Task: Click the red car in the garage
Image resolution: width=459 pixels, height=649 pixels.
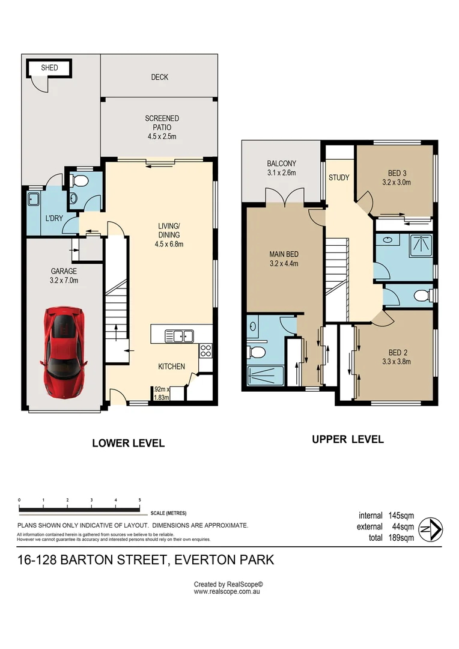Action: pyautogui.click(x=64, y=353)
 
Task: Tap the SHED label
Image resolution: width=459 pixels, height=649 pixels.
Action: pyautogui.click(x=49, y=68)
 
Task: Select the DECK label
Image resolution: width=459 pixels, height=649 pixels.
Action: pyautogui.click(x=159, y=77)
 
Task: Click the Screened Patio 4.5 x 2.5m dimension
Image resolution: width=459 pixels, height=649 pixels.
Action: pyautogui.click(x=162, y=136)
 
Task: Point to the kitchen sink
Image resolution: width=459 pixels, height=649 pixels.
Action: pyautogui.click(x=180, y=336)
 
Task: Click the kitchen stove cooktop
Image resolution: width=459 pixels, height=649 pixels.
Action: pyautogui.click(x=205, y=350)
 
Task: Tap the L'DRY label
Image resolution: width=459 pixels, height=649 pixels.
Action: pyautogui.click(x=54, y=218)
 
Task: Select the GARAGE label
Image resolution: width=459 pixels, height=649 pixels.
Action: pyautogui.click(x=64, y=272)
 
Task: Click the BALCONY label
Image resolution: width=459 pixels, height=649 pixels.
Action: pyautogui.click(x=281, y=164)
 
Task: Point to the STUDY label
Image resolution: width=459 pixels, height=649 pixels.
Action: pyautogui.click(x=339, y=177)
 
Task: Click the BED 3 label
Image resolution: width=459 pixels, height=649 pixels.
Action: pyautogui.click(x=397, y=174)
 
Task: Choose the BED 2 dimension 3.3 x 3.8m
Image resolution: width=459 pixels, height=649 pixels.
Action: pyautogui.click(x=397, y=362)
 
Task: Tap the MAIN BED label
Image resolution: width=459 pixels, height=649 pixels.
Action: pyautogui.click(x=284, y=255)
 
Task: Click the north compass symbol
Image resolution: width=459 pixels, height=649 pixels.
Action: pyautogui.click(x=430, y=529)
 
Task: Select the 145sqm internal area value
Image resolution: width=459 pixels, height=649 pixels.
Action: pyautogui.click(x=401, y=516)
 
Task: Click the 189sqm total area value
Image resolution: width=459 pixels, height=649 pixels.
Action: pyautogui.click(x=401, y=538)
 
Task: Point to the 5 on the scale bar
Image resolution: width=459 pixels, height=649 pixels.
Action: pyautogui.click(x=140, y=500)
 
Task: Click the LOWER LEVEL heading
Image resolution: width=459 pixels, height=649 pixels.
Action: pyautogui.click(x=129, y=443)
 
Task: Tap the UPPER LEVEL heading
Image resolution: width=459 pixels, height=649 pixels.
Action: pyautogui.click(x=348, y=439)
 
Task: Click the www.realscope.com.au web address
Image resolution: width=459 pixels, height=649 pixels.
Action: pyautogui.click(x=227, y=592)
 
